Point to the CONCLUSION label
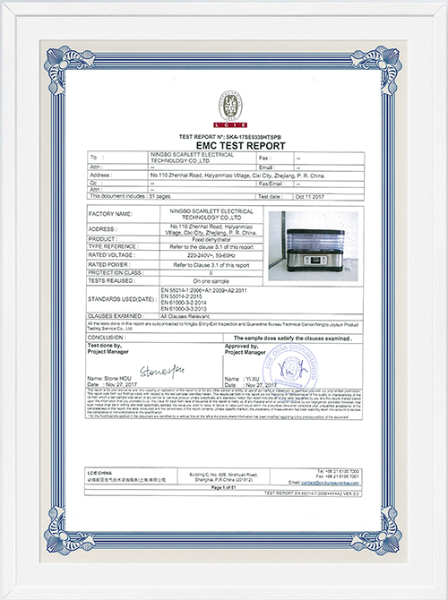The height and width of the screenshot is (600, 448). coord(109,338)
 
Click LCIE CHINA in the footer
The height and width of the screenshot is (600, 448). coord(106,470)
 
